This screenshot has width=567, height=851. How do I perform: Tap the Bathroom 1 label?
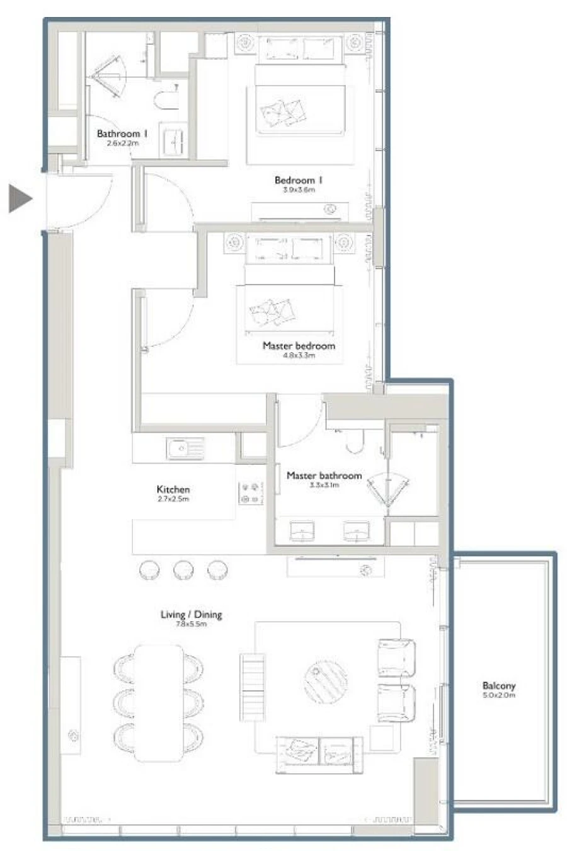coord(122,134)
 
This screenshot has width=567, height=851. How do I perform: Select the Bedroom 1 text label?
coord(299,180)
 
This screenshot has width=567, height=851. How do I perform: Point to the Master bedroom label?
coord(299,346)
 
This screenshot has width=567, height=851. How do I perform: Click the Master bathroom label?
coord(324,476)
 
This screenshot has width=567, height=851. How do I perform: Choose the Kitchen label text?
coord(173,489)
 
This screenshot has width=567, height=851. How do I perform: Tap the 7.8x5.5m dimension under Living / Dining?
coord(191,624)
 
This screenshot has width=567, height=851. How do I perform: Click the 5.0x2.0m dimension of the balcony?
coord(499,695)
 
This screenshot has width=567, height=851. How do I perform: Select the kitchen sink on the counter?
coord(185,449)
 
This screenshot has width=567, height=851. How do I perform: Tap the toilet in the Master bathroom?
coord(354,442)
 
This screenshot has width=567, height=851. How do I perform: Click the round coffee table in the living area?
coord(326,681)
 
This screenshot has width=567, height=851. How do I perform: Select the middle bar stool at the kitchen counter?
coord(185,570)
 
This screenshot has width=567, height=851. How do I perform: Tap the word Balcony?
coord(499,686)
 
